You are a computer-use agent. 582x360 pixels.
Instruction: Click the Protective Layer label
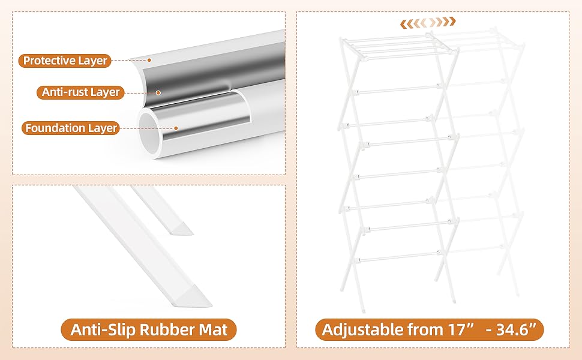coord(65,61)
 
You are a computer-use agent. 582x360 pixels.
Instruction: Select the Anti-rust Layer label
coord(81,92)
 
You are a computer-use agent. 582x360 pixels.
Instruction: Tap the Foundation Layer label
coord(71,128)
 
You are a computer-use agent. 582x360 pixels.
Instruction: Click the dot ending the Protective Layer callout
coord(149,60)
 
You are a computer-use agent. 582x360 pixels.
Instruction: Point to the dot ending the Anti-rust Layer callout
coord(158,92)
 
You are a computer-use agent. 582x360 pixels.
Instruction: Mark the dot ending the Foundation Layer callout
coord(176,128)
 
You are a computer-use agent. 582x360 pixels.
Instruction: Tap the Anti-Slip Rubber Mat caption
coord(148,330)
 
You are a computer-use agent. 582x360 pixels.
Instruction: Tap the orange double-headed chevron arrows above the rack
coord(428,22)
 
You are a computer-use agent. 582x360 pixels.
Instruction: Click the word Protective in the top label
coord(49,61)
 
